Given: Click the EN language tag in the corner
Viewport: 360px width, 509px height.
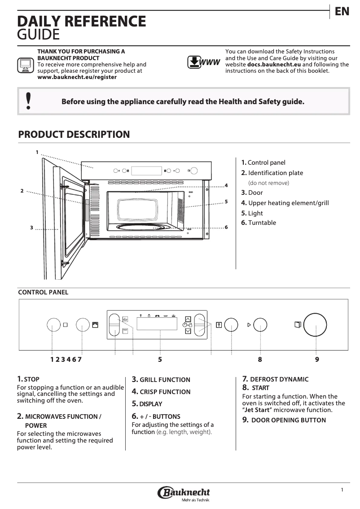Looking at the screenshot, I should coord(342,12).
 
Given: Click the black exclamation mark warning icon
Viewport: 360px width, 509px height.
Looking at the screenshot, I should coord(29,101).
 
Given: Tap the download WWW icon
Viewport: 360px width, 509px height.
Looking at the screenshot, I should coord(203,62).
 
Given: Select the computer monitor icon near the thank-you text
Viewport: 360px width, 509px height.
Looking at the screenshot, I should coord(25,65).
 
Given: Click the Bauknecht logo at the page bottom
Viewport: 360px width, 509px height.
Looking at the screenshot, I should coord(184,493).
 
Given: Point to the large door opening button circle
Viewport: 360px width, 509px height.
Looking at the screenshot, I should coord(315,325).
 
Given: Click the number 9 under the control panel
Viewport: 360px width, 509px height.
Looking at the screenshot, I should coord(317,359).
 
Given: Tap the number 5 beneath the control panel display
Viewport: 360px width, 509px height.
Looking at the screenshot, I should coord(160,359).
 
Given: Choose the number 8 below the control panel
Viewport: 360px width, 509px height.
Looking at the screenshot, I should coord(260,359).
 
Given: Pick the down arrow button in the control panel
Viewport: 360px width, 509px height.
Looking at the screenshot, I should coord(188,332).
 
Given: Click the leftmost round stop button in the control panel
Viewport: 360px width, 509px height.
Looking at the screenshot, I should coord(53,325).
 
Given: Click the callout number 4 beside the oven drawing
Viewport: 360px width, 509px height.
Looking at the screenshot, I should coord(226,185).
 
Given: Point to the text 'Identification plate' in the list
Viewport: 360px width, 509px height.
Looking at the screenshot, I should coord(276,173).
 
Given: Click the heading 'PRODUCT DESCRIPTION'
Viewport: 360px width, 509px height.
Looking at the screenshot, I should coord(74,135).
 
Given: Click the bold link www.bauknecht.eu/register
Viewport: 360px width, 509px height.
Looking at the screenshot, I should coord(77,77).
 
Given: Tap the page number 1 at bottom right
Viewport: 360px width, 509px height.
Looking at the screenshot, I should coord(342,490).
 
